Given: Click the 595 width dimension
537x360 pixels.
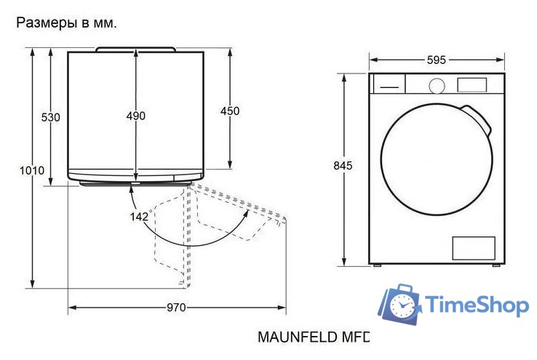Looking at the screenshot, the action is tap(437, 60).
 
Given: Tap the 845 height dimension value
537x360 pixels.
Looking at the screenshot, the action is tap(343, 166).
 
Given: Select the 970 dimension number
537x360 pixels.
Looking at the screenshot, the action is tap(176, 308).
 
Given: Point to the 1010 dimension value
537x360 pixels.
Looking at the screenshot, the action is tap(32, 170).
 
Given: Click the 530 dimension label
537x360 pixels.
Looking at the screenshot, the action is tap(51, 117).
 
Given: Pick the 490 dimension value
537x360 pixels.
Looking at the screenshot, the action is tap(135, 116).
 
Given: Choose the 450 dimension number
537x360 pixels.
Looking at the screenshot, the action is tap(230, 111).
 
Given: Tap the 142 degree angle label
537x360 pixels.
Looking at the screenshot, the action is tap(140, 216).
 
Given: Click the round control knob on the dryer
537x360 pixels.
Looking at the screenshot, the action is tap(437, 86).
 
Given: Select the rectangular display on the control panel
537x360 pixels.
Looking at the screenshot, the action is tap(472, 85).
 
